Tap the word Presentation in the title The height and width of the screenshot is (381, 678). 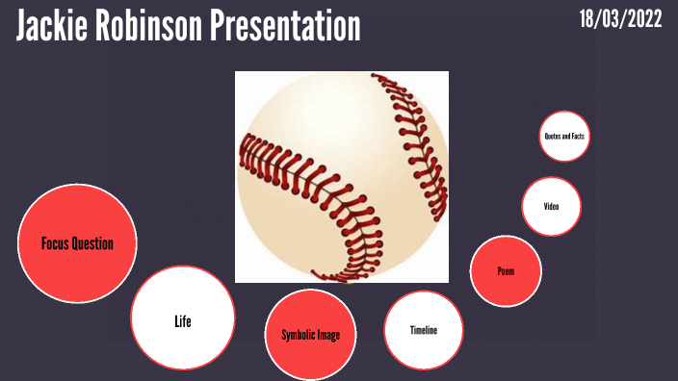click(x=286, y=27)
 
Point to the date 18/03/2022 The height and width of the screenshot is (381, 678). click(x=621, y=19)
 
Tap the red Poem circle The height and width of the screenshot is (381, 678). click(x=506, y=284)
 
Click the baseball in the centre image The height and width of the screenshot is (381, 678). click(x=342, y=177)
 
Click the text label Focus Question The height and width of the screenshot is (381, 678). click(x=77, y=243)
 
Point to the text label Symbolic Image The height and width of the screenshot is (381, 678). click(x=311, y=335)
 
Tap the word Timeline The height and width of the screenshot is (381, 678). click(x=424, y=330)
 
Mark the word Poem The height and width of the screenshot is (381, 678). click(x=506, y=271)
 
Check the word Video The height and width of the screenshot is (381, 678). click(x=552, y=205)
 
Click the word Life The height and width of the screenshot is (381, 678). click(x=183, y=321)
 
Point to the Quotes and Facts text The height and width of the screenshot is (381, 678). click(x=564, y=137)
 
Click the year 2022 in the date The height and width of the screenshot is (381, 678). click(x=642, y=19)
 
